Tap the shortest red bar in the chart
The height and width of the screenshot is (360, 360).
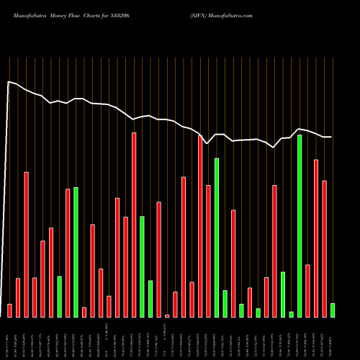click(x=167, y=315)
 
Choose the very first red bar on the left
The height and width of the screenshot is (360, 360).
click(x=10, y=310)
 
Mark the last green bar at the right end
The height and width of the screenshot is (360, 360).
click(x=333, y=310)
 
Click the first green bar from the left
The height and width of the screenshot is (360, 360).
click(x=60, y=297)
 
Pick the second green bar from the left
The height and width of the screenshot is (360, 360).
click(x=76, y=252)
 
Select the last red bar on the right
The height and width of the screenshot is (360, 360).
click(x=325, y=248)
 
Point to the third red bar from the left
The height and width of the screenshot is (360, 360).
click(x=27, y=245)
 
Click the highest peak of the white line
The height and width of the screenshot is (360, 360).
click(x=9, y=82)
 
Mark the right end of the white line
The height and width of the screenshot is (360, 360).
click(x=331, y=137)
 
